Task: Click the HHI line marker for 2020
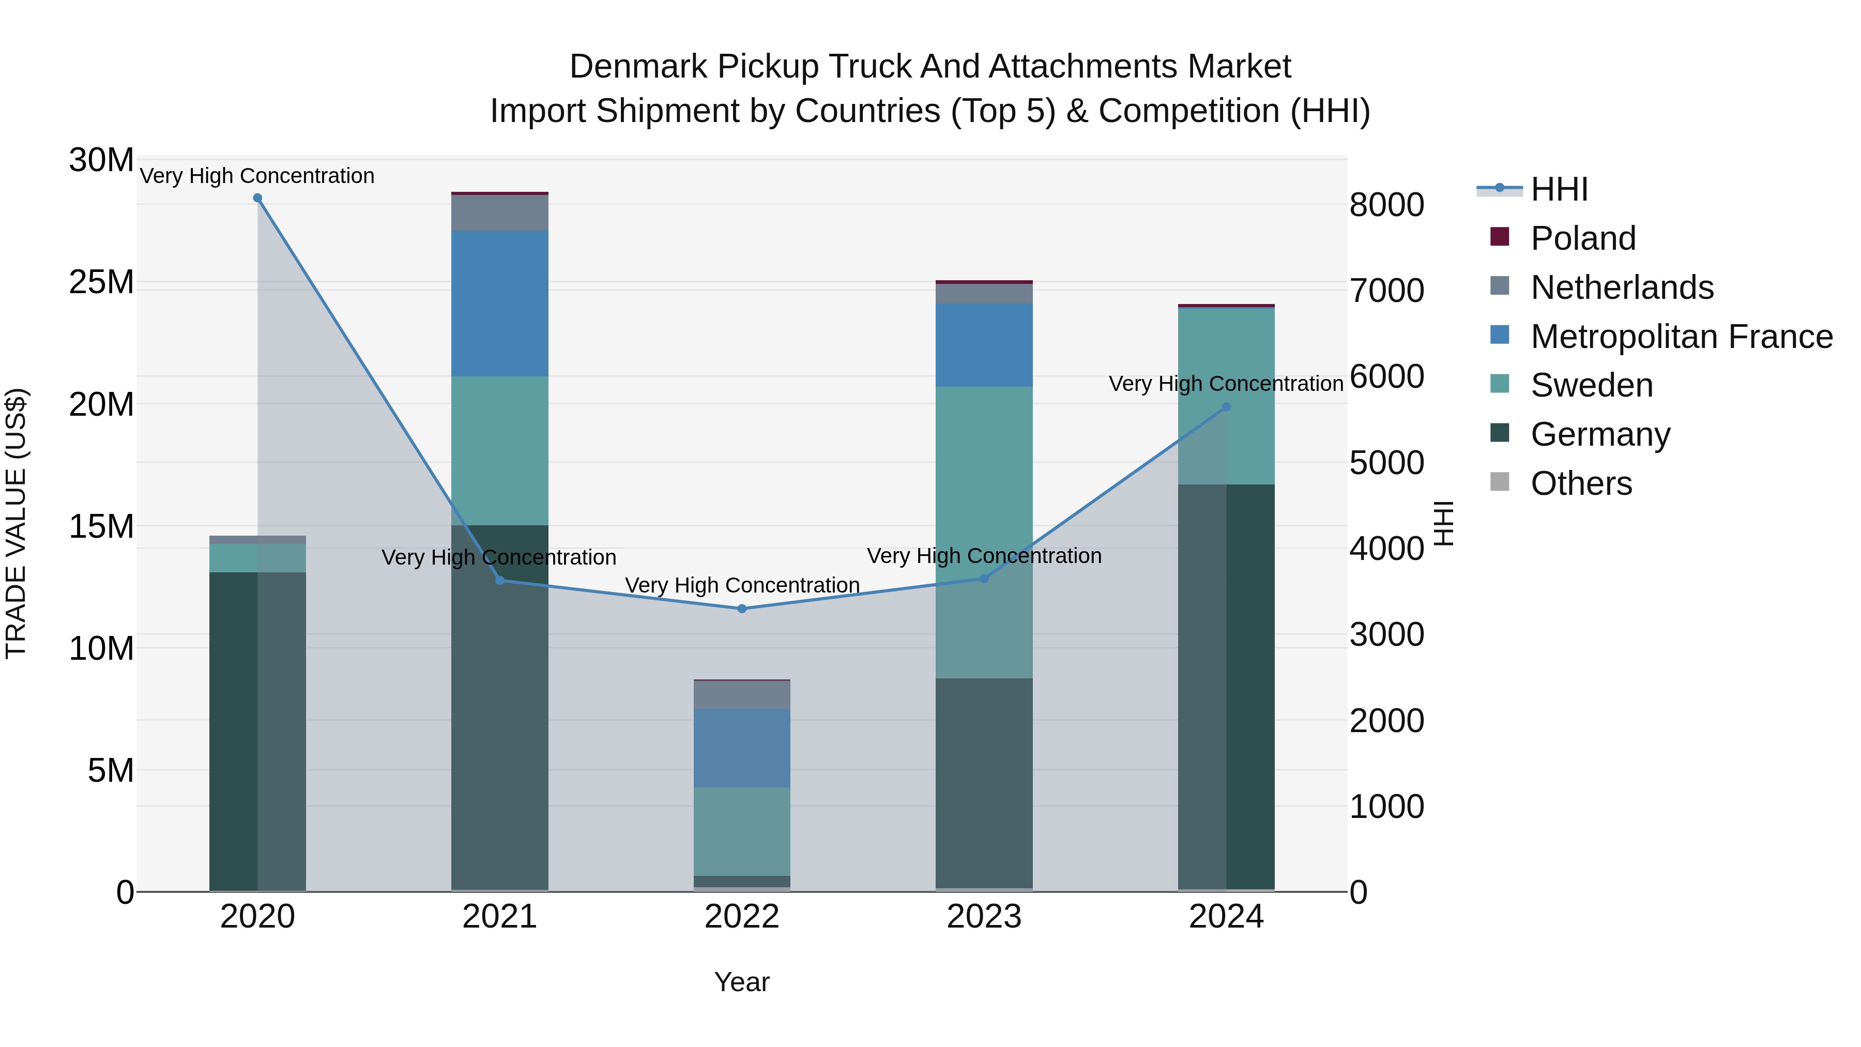(x=257, y=198)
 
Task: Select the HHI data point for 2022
(x=742, y=609)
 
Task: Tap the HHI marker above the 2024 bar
(x=1226, y=407)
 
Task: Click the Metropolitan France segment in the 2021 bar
(x=499, y=304)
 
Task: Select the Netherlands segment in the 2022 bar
(x=742, y=695)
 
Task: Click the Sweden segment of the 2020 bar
(x=257, y=558)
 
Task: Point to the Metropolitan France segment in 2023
(x=984, y=345)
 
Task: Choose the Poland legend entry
(x=1582, y=238)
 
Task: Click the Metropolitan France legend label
(x=1681, y=337)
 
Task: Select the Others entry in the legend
(x=1581, y=483)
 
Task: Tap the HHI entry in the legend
(x=1559, y=189)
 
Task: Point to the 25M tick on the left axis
(x=101, y=282)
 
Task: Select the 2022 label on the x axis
(x=742, y=917)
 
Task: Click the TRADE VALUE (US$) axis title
(x=16, y=523)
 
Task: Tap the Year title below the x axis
(x=742, y=982)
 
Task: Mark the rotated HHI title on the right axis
(x=1443, y=523)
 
